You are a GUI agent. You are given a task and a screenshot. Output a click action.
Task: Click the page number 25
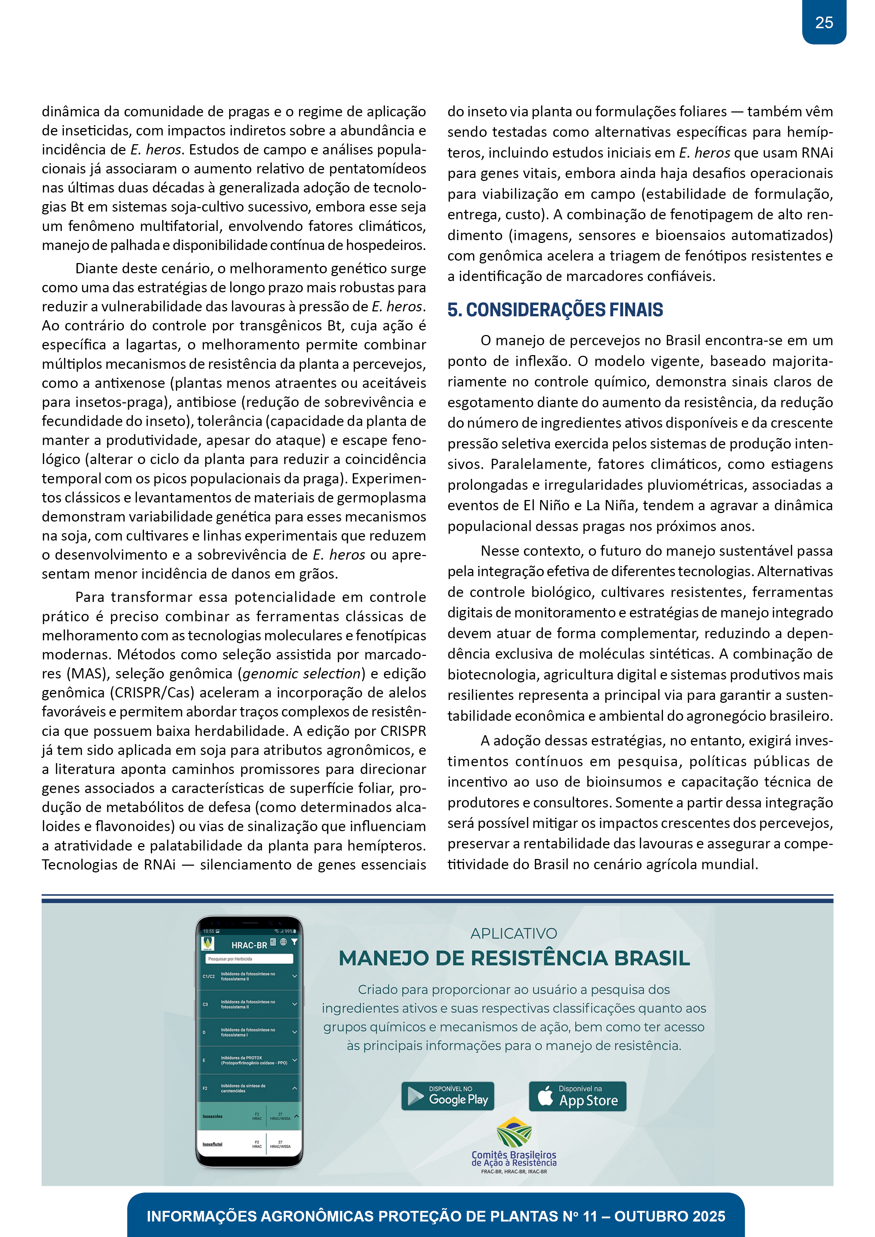pyautogui.click(x=824, y=23)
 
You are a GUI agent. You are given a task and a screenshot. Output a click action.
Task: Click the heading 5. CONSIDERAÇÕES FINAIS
pyautogui.click(x=555, y=310)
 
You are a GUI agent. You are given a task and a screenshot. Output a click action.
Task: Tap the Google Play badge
pyautogui.click(x=447, y=1096)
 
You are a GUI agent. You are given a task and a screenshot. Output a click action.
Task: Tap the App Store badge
pyautogui.click(x=578, y=1096)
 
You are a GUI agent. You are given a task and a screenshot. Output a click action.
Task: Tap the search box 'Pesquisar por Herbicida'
pyautogui.click(x=249, y=958)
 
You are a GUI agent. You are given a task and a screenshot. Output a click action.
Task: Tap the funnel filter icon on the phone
pyautogui.click(x=294, y=942)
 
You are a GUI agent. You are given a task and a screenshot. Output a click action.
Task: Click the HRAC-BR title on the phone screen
pyautogui.click(x=249, y=945)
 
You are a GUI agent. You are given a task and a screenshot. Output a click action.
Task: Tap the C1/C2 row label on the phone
pyautogui.click(x=209, y=976)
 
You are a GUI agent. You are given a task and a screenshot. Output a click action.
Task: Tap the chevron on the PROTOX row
pyautogui.click(x=294, y=1060)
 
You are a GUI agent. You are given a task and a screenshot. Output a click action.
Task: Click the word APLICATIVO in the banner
pyautogui.click(x=513, y=934)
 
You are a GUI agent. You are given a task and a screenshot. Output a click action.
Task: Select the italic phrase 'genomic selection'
pyautogui.click(x=301, y=674)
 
